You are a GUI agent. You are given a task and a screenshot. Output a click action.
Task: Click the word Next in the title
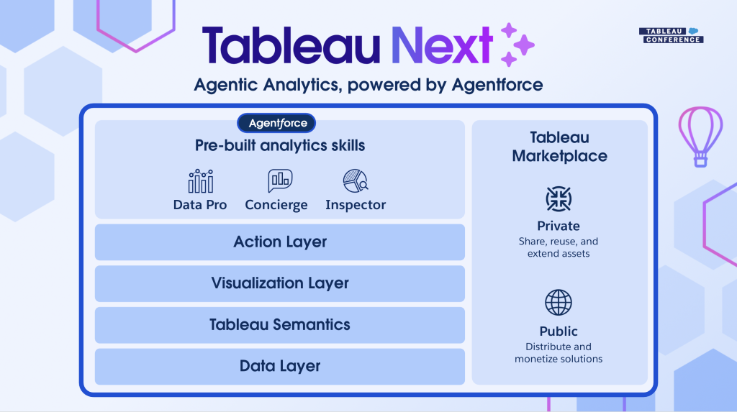pos(442,45)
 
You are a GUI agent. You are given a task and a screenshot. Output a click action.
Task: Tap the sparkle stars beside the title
pos(517,45)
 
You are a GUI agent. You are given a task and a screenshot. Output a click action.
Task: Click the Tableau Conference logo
pos(672,35)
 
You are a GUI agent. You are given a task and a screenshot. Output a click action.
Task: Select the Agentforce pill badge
pos(276,123)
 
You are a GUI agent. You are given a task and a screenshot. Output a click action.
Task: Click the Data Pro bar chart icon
pos(201,181)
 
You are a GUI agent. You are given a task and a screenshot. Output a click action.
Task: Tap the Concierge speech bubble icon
pos(280,181)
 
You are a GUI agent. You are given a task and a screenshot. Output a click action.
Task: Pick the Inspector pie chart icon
pos(356,181)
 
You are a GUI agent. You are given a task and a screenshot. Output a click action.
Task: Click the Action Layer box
pos(280,242)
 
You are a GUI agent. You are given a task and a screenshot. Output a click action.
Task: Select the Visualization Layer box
pos(280,283)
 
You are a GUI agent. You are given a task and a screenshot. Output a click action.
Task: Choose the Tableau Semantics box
pos(280,324)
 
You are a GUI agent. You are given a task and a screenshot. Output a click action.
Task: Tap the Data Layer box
pos(280,367)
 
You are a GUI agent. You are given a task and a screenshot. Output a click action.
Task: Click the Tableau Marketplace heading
pos(559,147)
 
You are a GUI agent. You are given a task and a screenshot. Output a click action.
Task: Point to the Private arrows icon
pos(559,198)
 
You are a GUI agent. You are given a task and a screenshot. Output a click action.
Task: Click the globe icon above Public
pos(559,303)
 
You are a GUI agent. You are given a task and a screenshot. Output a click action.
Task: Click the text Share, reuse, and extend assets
pos(559,247)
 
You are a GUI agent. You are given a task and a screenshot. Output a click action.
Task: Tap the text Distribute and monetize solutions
pos(559,353)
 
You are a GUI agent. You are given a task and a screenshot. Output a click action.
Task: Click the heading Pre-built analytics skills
pos(280,146)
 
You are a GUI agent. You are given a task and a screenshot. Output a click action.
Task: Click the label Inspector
pos(356,205)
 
